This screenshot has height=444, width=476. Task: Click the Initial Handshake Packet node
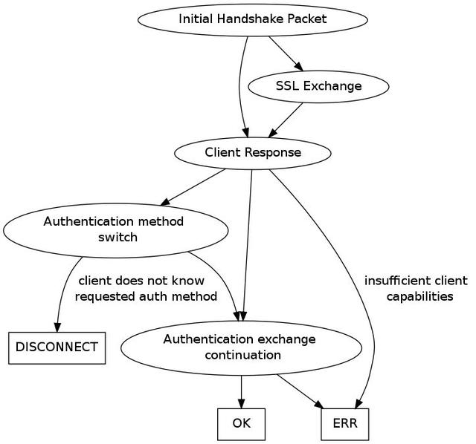253,20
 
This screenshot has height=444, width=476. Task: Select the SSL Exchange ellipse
318,87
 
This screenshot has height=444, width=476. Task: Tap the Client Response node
253,153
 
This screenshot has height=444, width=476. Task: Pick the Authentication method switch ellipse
115,230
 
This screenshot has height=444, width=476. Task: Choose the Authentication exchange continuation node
241,348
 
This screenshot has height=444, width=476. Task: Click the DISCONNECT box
57,348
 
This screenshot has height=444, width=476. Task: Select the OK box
241,424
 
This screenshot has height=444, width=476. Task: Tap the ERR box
345,424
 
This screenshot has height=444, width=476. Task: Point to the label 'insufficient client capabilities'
416,289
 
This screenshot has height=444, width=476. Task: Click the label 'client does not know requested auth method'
146,289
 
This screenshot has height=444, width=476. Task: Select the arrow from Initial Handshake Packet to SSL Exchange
286,53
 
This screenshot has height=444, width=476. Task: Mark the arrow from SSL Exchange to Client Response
286,120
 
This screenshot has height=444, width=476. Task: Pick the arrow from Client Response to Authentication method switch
193,187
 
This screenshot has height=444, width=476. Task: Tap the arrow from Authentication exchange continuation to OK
241,392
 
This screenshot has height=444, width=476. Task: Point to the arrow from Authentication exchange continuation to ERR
300,391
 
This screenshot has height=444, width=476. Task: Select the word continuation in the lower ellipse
243,355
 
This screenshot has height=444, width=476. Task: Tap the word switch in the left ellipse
118,237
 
